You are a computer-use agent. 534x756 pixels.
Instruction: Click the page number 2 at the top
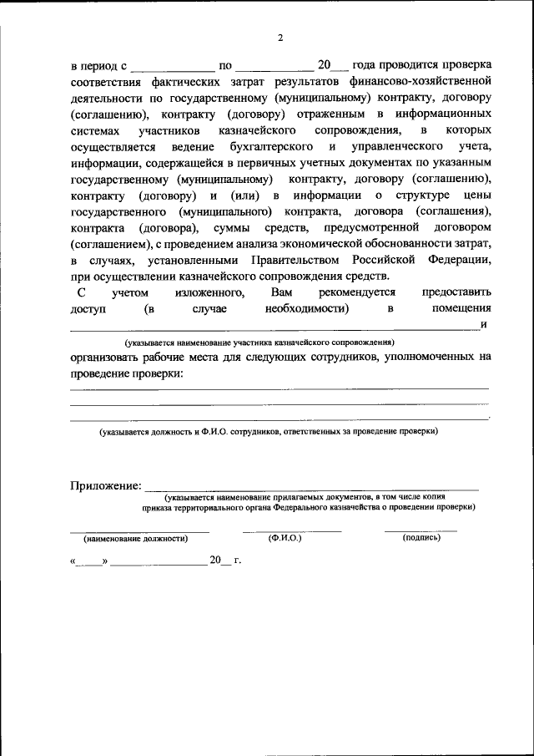(x=280, y=38)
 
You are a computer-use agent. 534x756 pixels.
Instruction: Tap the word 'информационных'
(x=438, y=114)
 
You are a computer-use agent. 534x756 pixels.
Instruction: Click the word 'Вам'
(x=281, y=293)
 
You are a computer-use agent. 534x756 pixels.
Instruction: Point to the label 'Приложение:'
(x=103, y=485)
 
